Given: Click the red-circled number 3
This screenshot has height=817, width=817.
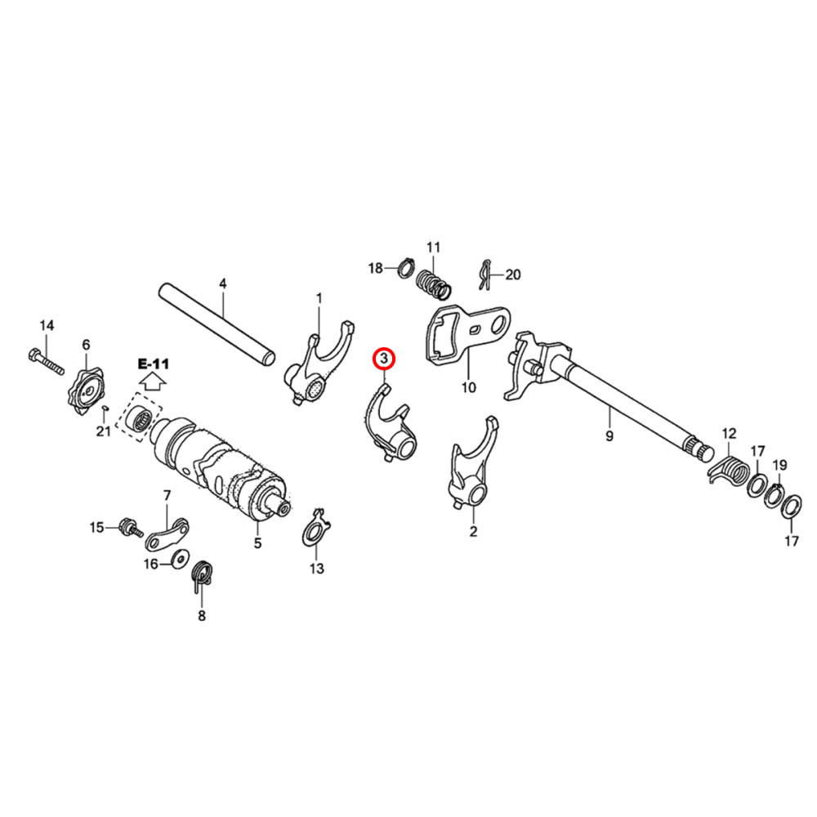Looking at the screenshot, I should (x=383, y=358).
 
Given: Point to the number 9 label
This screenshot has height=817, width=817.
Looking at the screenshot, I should (x=609, y=437).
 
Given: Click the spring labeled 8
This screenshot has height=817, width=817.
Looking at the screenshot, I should (x=202, y=575).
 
